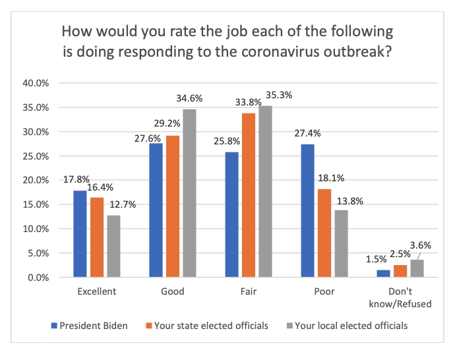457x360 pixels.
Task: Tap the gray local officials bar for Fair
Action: click(266, 191)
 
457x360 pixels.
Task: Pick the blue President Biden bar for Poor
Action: click(308, 211)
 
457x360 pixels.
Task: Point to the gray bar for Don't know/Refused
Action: click(417, 268)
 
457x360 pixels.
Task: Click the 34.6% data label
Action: click(190, 99)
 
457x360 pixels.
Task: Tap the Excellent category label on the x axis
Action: click(96, 291)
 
